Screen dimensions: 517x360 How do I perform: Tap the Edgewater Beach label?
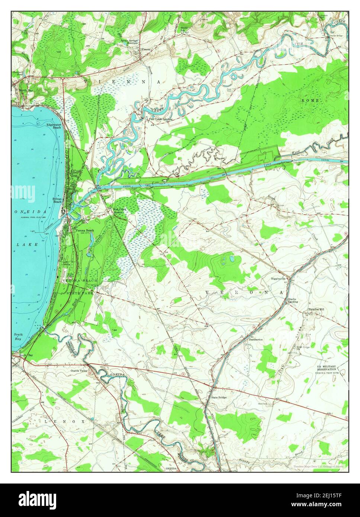[x=54, y=126]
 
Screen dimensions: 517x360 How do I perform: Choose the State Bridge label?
[x=219, y=397]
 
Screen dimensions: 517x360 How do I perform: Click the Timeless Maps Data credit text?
[x=318, y=466]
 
